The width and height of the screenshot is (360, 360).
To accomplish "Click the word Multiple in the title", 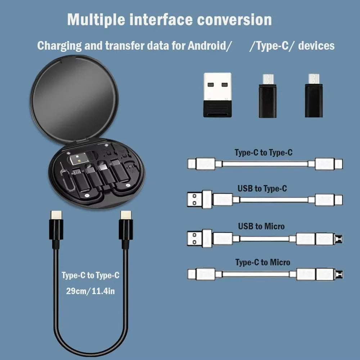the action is pyautogui.click(x=96, y=20).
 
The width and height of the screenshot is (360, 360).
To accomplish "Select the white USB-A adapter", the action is pyautogui.click(x=217, y=95).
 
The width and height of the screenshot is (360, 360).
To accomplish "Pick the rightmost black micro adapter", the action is pyautogui.click(x=314, y=95).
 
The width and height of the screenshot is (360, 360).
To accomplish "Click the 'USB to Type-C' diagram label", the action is pyautogui.click(x=262, y=189).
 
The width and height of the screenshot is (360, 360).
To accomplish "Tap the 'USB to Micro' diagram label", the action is pyautogui.click(x=261, y=226).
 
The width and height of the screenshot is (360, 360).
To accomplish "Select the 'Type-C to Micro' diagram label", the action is pyautogui.click(x=263, y=262).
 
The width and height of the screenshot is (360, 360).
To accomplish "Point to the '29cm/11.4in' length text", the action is pyautogui.click(x=90, y=291).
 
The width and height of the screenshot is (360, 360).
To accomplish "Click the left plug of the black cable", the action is pyautogui.click(x=56, y=230).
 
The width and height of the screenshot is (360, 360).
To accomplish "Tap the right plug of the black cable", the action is pyautogui.click(x=126, y=230).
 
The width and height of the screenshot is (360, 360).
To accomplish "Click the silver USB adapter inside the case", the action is pyautogui.click(x=79, y=158).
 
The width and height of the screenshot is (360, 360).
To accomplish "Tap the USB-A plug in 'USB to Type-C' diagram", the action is pyautogui.click(x=200, y=199).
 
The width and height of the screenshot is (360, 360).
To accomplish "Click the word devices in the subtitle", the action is pyautogui.click(x=316, y=45).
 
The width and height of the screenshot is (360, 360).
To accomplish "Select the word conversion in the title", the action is pyautogui.click(x=234, y=20).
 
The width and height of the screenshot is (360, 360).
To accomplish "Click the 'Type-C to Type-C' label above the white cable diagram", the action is pyautogui.click(x=264, y=152).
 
